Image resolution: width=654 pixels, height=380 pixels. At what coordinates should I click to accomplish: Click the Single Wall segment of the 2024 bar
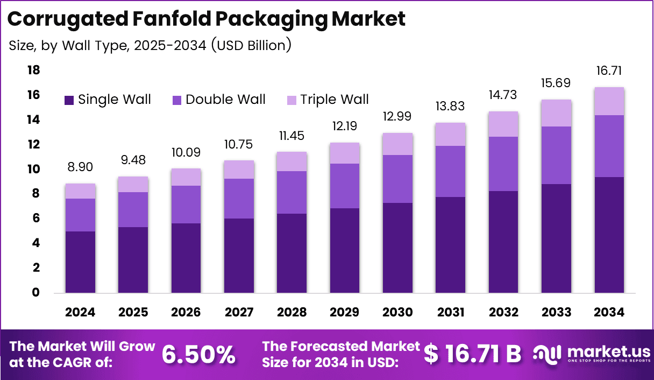[x=81, y=262]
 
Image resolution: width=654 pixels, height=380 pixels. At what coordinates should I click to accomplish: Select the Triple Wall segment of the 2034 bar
[x=609, y=101]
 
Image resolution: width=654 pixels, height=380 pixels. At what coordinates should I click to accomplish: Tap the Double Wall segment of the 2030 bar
[x=398, y=179]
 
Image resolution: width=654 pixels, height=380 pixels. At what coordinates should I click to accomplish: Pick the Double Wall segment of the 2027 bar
[x=239, y=198]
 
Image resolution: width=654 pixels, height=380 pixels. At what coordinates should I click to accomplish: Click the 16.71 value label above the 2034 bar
[x=609, y=71]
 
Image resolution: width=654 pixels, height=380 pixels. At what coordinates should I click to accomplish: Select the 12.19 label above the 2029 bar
[x=345, y=126]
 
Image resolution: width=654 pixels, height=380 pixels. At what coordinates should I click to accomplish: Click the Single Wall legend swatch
[x=69, y=100]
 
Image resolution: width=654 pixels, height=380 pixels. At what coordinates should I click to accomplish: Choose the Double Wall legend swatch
[x=177, y=100]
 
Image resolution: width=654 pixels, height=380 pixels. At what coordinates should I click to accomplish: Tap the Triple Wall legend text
[x=334, y=100]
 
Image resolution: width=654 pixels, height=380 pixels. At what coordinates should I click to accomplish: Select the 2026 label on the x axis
[x=186, y=313]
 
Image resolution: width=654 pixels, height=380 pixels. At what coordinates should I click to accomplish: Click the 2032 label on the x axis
[x=503, y=313]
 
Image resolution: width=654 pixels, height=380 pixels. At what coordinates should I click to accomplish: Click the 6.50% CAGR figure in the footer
[x=198, y=354]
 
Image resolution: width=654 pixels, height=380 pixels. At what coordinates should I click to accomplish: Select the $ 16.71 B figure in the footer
[x=472, y=354]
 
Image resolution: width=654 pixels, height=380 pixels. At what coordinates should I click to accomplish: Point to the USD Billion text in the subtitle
[x=251, y=46]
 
